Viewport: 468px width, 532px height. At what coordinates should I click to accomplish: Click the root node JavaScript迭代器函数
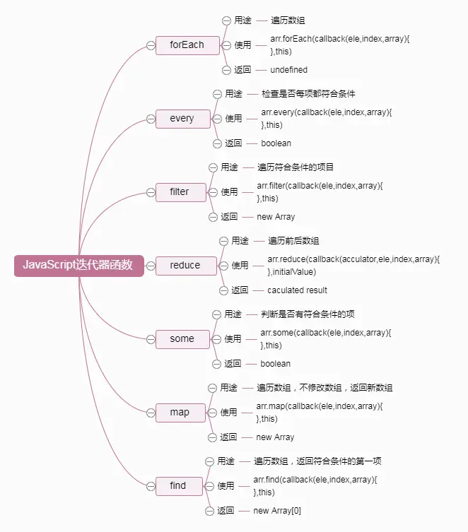(x=79, y=265)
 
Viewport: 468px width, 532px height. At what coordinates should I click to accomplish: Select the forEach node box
(x=187, y=45)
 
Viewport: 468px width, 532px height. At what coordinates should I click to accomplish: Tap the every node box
(x=182, y=118)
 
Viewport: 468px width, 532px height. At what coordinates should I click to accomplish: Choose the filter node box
(x=180, y=191)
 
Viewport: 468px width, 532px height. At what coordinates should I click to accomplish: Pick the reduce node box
(x=185, y=265)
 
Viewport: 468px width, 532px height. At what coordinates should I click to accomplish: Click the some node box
(x=182, y=338)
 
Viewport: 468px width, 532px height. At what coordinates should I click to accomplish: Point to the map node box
(x=180, y=412)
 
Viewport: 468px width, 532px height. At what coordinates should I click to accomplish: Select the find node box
(x=178, y=485)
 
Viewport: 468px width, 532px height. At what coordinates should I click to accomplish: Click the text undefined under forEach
(x=288, y=70)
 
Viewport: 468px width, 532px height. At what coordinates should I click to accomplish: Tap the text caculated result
(x=297, y=290)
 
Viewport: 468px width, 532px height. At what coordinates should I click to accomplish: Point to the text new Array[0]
(x=277, y=511)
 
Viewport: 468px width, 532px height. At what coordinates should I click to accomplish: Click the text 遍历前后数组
(x=293, y=241)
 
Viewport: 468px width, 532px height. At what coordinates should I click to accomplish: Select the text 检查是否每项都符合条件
(x=308, y=94)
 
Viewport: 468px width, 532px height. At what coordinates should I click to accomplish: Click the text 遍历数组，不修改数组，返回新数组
(x=324, y=388)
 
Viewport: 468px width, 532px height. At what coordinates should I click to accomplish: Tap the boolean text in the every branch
(x=276, y=143)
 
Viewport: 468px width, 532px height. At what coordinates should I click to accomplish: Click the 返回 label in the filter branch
(x=228, y=217)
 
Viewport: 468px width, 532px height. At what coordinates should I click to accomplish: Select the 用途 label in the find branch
(x=226, y=461)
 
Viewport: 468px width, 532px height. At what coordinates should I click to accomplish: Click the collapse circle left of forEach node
(x=150, y=45)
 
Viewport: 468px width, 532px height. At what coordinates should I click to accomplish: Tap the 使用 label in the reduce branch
(x=240, y=266)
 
